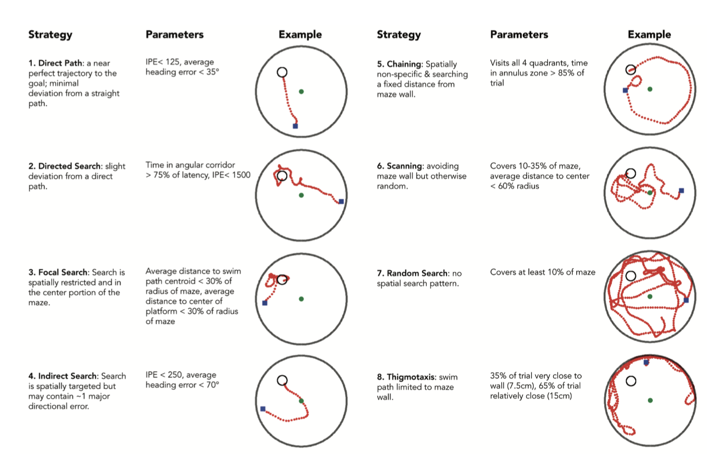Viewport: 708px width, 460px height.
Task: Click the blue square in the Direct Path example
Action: click(295, 126)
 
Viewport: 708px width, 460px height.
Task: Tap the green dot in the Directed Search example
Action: click(301, 195)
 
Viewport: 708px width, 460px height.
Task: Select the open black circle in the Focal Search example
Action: click(282, 280)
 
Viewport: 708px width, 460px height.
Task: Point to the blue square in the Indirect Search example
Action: click(263, 409)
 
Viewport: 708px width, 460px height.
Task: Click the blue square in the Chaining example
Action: click(625, 90)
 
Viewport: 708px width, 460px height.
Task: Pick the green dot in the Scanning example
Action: click(650, 192)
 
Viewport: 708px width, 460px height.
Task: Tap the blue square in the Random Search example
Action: click(686, 300)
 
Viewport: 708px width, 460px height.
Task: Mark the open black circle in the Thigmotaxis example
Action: click(631, 381)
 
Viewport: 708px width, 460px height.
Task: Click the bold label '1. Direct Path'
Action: click(55, 63)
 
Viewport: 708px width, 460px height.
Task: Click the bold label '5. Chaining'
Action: click(399, 64)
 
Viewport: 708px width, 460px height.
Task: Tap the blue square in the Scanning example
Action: click(682, 191)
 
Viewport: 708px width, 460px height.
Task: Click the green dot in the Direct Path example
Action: click(301, 92)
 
